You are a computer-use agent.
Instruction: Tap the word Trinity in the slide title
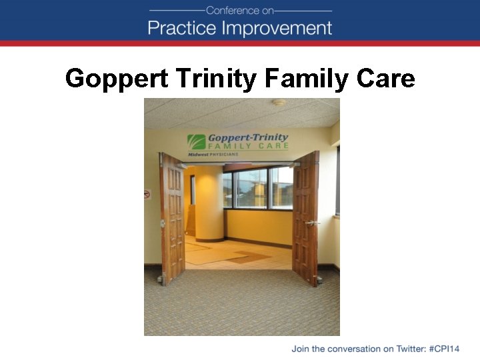tap(217, 79)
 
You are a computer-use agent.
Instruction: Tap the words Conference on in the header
tap(240, 10)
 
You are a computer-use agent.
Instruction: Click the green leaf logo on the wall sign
tap(196, 142)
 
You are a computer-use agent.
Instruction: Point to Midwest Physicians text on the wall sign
tap(211, 154)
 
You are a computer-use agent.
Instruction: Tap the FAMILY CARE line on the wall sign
tap(249, 146)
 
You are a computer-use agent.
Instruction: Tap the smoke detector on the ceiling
tap(279, 103)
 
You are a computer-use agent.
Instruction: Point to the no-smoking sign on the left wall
tap(147, 194)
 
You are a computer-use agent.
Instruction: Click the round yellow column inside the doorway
tap(209, 203)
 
